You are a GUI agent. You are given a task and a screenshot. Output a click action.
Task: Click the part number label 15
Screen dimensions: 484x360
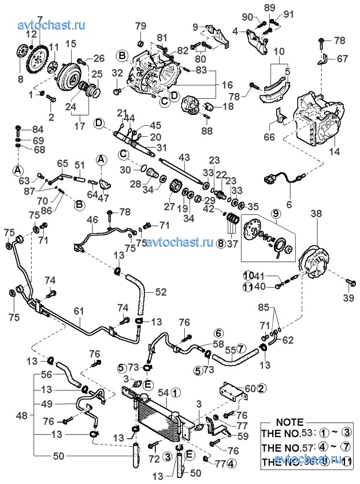pyautogui.click(x=71, y=44)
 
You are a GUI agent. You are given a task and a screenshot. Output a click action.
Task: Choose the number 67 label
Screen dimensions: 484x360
pyautogui.click(x=342, y=58)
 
